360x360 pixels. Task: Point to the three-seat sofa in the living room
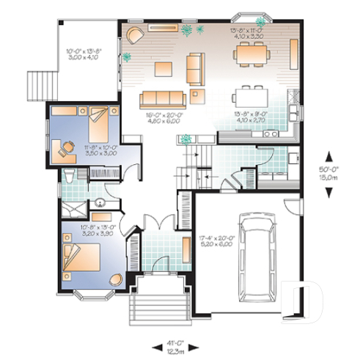tap(161, 99)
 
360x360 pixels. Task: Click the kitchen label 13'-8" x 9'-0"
tap(250, 117)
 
